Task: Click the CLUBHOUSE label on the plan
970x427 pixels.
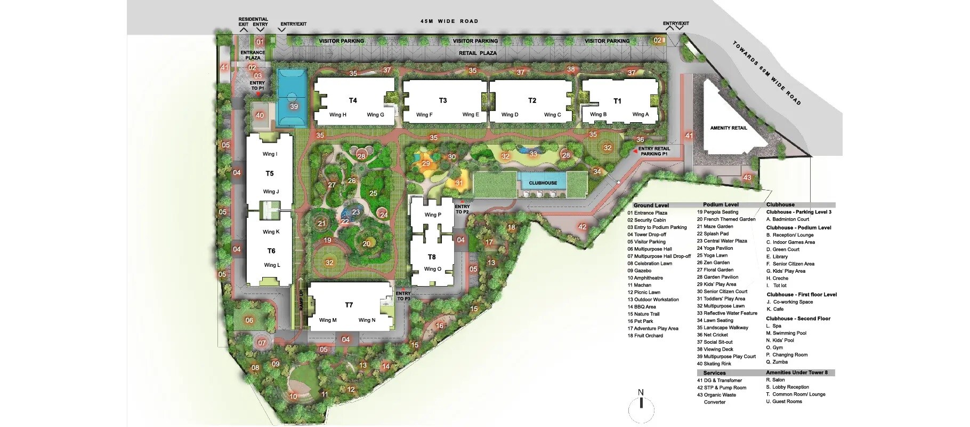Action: (x=543, y=183)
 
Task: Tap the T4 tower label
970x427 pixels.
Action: (x=353, y=100)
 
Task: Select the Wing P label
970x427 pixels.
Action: (x=433, y=215)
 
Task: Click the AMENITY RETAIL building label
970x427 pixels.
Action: (x=729, y=128)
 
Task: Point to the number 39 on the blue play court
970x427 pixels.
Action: (x=294, y=106)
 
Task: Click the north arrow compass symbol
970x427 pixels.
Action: (x=641, y=408)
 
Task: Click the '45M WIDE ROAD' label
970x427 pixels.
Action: (x=449, y=21)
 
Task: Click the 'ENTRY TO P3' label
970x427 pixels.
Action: (x=403, y=296)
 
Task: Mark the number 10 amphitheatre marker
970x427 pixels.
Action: (x=293, y=397)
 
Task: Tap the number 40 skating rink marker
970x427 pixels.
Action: (x=260, y=115)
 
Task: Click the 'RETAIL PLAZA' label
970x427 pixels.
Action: (x=478, y=53)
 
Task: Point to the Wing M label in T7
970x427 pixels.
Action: (x=328, y=320)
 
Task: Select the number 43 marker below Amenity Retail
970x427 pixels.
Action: (x=747, y=178)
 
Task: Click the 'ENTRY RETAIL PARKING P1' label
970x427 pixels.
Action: (x=653, y=151)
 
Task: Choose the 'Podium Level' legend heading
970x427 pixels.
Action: (x=721, y=205)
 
